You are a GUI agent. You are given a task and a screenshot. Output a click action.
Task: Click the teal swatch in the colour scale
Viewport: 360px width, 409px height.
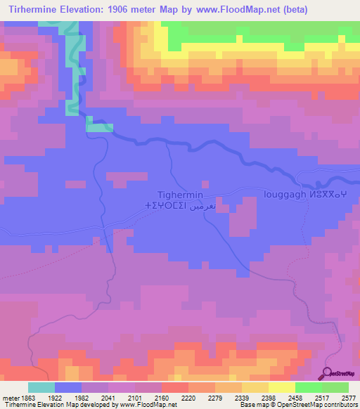coord(41,387)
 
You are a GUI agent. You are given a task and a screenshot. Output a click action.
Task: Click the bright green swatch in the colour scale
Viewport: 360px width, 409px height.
coord(309,387)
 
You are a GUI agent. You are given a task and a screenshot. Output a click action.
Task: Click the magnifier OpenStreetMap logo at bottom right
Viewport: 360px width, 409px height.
coord(340,374)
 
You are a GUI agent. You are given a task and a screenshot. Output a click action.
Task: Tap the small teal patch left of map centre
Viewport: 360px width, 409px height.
coord(99,124)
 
